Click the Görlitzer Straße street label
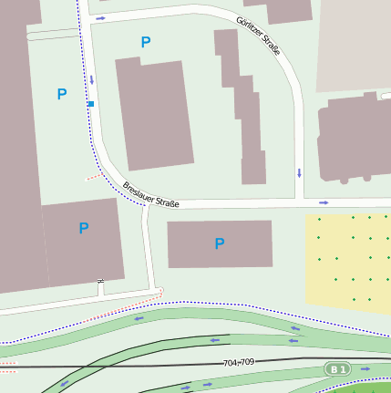(258, 36)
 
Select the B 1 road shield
(338, 368)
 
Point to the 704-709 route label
(240, 363)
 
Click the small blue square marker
(91, 105)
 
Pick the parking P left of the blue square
(62, 94)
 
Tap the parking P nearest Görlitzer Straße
(145, 42)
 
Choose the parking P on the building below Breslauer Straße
(219, 243)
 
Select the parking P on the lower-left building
(84, 228)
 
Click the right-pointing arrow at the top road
(100, 18)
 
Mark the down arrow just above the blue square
(92, 80)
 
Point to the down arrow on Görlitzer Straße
(299, 172)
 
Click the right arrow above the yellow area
(324, 202)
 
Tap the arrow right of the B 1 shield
(366, 369)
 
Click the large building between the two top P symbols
(154, 114)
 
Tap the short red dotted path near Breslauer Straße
(94, 174)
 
